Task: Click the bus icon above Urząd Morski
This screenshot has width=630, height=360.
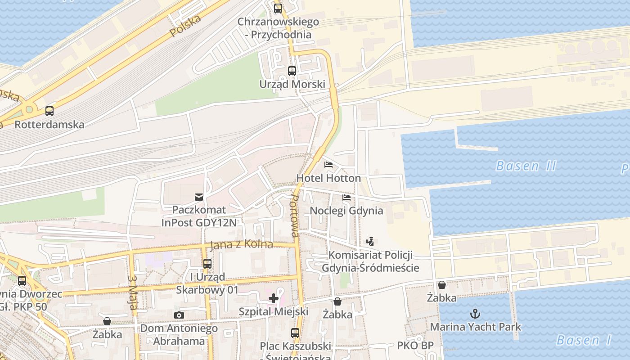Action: pos(292,71)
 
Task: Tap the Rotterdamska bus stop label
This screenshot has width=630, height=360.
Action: pos(49,124)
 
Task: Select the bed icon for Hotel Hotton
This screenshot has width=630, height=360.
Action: pos(328,165)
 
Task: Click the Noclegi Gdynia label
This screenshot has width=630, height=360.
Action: pos(346,211)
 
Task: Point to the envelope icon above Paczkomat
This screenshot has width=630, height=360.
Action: pos(198,197)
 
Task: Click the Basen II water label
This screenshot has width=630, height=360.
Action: pos(526,166)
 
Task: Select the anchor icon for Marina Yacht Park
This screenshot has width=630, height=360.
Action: pos(475,313)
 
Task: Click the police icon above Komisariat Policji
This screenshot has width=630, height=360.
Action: pos(370,242)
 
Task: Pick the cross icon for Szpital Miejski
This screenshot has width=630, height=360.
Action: pos(274,298)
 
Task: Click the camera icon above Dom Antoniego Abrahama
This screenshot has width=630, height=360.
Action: pos(179,315)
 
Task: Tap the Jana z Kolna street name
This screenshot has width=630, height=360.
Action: pos(241,244)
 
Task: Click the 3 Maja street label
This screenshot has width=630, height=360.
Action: pos(133,292)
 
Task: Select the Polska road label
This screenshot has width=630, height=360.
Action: pos(185,26)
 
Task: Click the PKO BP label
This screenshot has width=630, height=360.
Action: pos(415,346)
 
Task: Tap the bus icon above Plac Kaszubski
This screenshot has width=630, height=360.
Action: pos(295,333)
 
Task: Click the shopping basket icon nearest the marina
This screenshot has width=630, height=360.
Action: pos(442,285)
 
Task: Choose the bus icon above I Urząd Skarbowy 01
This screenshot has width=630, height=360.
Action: pos(207,264)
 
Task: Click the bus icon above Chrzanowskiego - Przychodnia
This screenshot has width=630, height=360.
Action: pos(278,8)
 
